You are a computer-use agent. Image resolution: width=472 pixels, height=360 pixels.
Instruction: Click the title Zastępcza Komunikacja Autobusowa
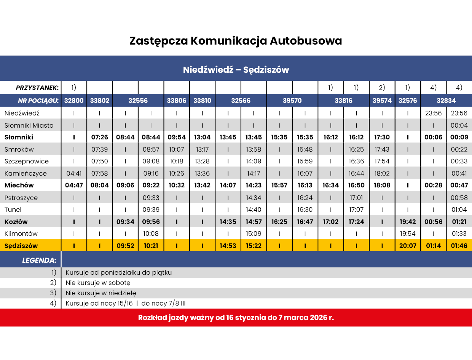pos(236,41)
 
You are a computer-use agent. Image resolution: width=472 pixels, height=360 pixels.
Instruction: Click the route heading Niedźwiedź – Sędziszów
pos(236,70)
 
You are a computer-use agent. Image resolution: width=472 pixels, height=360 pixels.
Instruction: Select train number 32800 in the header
pos(74,101)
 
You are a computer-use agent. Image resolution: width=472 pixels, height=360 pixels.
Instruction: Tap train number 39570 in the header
pos(292,101)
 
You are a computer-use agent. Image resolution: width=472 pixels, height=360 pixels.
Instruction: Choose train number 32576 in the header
pos(408,101)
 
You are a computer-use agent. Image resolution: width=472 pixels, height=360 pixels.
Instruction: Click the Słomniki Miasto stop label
pos(29,125)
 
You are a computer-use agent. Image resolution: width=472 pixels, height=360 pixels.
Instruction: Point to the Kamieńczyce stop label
pos(26,174)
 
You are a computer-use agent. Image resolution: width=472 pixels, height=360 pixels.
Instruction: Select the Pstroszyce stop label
pos(21,198)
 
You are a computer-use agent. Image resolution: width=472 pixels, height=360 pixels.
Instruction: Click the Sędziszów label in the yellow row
pos(21,246)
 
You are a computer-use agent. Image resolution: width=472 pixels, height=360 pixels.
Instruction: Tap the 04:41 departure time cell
pos(74,174)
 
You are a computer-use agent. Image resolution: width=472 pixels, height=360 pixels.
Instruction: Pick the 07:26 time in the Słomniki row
pos(99,137)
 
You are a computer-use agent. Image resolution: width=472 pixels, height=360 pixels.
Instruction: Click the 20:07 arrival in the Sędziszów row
pos(408,246)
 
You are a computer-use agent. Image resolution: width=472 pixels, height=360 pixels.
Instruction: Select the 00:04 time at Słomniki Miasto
pos(459,125)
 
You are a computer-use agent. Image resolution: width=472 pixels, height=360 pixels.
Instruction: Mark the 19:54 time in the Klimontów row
pos(408,234)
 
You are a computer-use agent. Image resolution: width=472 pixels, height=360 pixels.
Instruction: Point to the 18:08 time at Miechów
pos(382,186)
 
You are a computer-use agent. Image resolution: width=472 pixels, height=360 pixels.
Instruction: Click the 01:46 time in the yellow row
pos(459,246)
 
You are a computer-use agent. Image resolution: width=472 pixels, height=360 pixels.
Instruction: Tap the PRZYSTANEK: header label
pos(37,88)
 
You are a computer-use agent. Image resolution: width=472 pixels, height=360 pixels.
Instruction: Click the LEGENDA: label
pos(39,261)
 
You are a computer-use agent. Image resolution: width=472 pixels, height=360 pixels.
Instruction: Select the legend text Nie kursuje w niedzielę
pos(101,293)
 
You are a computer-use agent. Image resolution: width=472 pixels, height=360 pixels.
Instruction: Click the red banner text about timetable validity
pos(236,317)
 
